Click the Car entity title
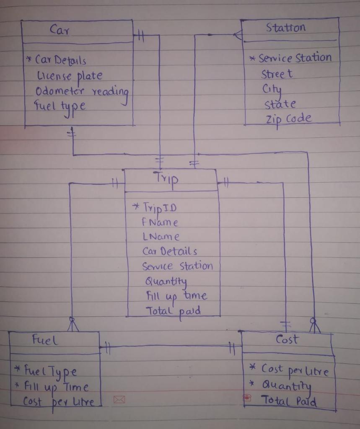pos(60,30)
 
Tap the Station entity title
pos(286,28)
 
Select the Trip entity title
pos(167,178)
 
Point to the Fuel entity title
pos(45,340)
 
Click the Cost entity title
pos(287,339)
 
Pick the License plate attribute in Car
pos(69,76)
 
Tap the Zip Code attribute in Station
pos(288,119)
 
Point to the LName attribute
pos(161,237)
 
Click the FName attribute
pos(160,222)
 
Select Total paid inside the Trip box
pos(173,311)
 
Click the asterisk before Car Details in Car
pos(29,59)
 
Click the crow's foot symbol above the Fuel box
pos(73,325)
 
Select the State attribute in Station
pos(280,104)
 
